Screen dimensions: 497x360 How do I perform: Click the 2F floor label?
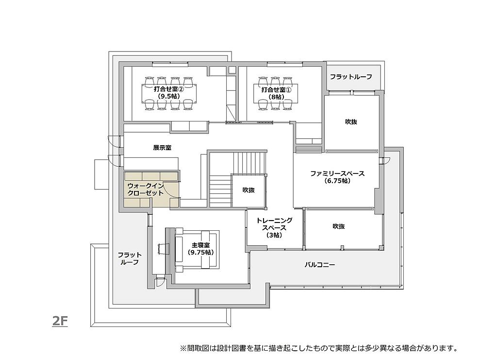[x=60, y=322]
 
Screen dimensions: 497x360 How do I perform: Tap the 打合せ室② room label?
[x=169, y=93]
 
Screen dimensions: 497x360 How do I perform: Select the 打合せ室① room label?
[x=276, y=93]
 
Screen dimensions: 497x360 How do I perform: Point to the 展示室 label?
[x=162, y=148]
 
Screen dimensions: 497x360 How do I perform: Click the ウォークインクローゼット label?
[x=146, y=189]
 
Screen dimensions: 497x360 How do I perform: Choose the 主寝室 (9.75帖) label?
[x=200, y=249]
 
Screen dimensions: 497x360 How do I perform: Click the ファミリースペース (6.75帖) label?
[x=337, y=177]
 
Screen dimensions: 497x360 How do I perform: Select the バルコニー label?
[x=320, y=265]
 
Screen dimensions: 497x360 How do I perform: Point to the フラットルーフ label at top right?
[x=351, y=77]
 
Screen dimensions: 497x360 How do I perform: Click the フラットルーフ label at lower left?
[x=130, y=258]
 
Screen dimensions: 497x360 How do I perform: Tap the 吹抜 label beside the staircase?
[x=248, y=190]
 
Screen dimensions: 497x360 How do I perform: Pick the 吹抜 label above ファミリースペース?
[x=351, y=121]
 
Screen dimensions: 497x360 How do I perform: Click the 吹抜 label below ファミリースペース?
[x=338, y=226]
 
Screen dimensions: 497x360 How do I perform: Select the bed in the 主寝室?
[x=197, y=250]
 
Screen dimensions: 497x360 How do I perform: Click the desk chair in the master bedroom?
[x=161, y=248]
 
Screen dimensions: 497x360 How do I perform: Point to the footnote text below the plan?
[x=319, y=348]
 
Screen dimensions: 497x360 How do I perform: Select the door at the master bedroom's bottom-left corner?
[x=160, y=282]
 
